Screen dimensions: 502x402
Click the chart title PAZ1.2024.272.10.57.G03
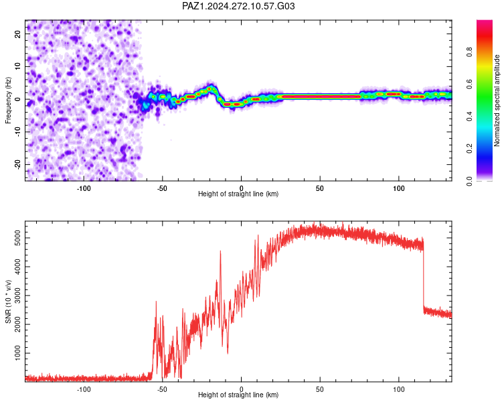click(238, 6)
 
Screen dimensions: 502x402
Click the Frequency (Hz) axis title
click(8, 100)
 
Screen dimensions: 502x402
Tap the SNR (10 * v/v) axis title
click(8, 301)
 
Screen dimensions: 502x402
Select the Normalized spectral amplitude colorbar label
click(497, 100)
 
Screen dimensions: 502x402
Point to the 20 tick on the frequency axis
click(18, 33)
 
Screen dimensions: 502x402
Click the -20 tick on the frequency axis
click(18, 165)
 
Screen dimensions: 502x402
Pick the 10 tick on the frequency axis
click(18, 66)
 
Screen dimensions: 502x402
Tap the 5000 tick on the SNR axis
click(18, 238)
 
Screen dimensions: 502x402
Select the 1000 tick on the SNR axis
click(18, 353)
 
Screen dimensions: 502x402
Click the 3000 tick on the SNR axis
click(18, 295)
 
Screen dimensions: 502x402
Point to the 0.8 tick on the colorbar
click(469, 52)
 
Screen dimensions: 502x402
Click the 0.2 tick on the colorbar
click(469, 149)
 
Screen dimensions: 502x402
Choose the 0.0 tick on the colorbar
click(469, 181)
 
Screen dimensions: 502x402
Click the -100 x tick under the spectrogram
click(84, 188)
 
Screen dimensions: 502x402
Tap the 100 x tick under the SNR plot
click(399, 389)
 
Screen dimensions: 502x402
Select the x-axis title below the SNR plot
click(238, 395)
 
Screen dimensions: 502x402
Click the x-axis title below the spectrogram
click(238, 194)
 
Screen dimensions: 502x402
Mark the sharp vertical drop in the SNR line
click(423, 275)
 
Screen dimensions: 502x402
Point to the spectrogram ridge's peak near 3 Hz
click(210, 88)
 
